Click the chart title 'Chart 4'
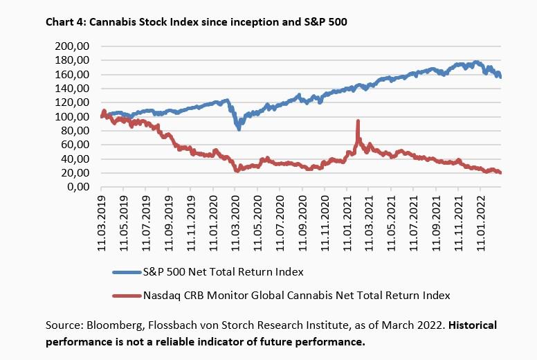[66, 21]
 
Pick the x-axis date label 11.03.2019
[102, 218]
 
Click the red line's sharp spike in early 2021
[358, 122]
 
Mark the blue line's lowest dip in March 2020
[239, 128]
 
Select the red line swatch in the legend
[125, 296]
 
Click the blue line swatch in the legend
[125, 271]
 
